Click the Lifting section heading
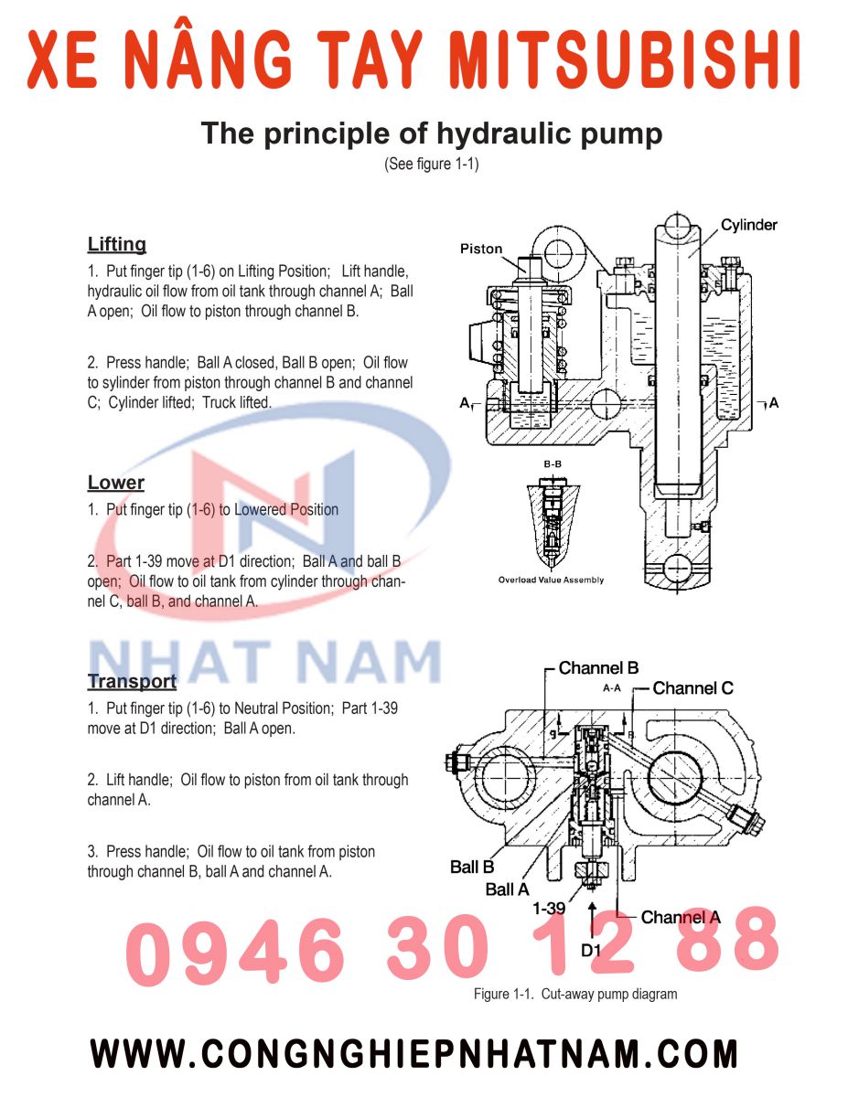[x=117, y=244]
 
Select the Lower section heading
[x=116, y=483]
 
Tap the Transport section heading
[x=132, y=681]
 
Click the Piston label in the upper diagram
[x=481, y=249]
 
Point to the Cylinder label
[x=748, y=225]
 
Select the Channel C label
[x=692, y=688]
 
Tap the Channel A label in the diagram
[x=681, y=917]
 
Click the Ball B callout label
[x=472, y=867]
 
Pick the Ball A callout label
[x=507, y=889]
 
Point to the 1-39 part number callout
[x=549, y=909]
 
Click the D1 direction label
[x=592, y=950]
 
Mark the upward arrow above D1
[x=593, y=915]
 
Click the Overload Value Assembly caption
[x=551, y=580]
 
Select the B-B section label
[x=553, y=464]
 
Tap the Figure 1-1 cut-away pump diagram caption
[x=574, y=994]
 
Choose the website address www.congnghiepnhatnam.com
[x=413, y=1054]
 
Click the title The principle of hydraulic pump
[x=431, y=134]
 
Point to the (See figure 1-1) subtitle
[x=431, y=165]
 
